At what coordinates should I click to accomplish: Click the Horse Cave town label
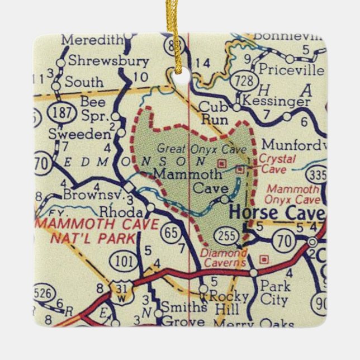[x=277, y=214]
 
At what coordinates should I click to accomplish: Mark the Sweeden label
[x=86, y=134]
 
